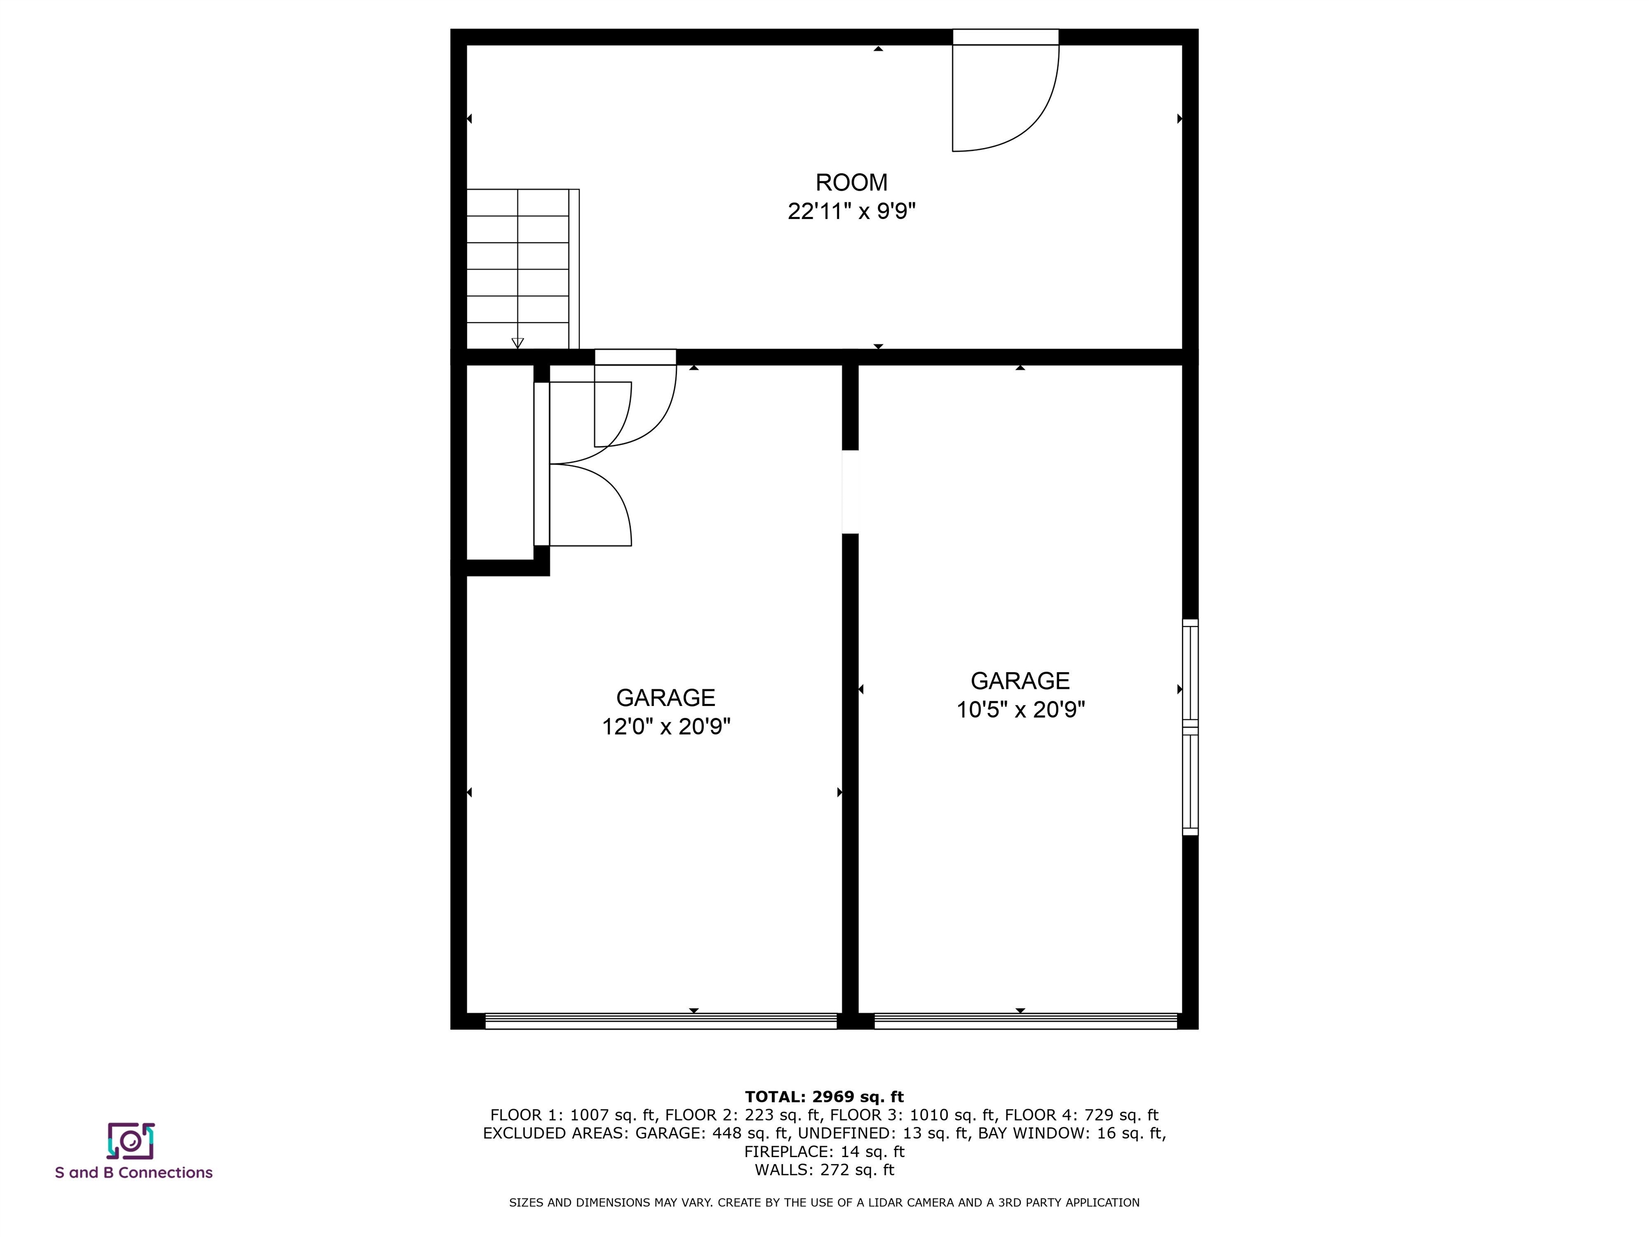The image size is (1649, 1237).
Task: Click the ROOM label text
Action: (x=851, y=183)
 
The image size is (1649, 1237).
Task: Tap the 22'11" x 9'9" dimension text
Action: (x=851, y=212)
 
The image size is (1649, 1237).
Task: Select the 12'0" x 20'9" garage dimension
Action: (x=666, y=726)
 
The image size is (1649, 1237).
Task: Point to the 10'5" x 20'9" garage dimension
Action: (x=1020, y=709)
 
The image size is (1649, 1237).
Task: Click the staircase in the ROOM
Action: (x=517, y=268)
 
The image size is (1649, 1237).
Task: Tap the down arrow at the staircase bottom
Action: (x=517, y=343)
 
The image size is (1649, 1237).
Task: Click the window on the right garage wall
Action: (x=1190, y=727)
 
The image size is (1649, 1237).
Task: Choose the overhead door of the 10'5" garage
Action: (x=1025, y=1022)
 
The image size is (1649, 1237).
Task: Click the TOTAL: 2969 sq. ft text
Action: (x=824, y=1097)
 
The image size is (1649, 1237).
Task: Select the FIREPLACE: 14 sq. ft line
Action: (x=824, y=1151)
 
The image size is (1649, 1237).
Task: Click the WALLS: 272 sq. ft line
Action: (x=824, y=1170)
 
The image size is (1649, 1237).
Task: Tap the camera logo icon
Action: (x=130, y=1141)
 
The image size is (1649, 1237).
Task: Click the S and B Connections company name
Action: (x=134, y=1173)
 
